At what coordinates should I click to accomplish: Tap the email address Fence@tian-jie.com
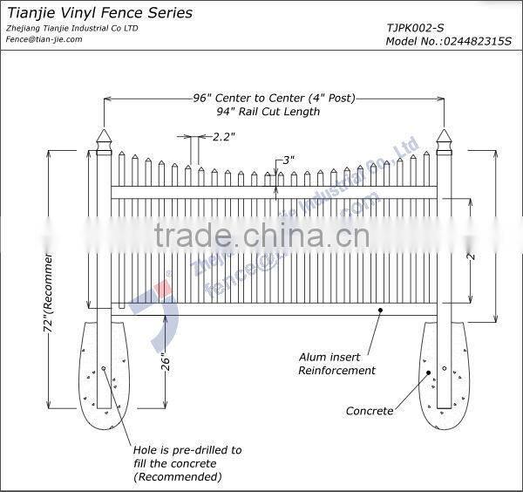(x=44, y=39)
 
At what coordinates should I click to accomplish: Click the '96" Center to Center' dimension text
(x=274, y=99)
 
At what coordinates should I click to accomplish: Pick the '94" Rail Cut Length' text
(x=268, y=112)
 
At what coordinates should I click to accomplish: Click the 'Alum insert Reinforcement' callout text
(x=336, y=364)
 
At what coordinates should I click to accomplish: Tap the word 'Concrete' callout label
(x=370, y=411)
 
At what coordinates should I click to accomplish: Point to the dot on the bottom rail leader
(x=380, y=308)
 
